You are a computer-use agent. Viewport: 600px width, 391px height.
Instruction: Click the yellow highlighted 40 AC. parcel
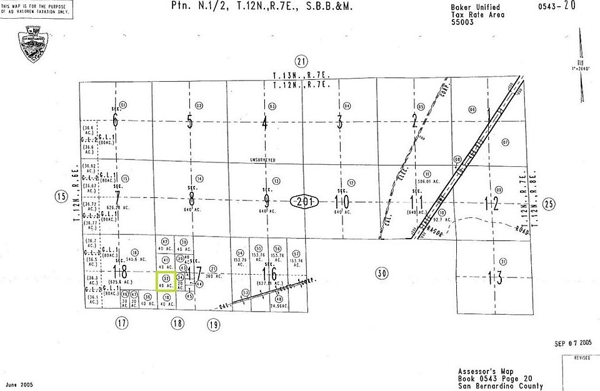point(166,281)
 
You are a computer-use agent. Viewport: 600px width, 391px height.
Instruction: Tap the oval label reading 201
point(305,202)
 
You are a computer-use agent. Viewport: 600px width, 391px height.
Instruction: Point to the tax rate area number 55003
point(462,21)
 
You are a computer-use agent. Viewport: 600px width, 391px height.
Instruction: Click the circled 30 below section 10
point(382,272)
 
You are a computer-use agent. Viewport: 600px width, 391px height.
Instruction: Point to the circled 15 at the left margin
point(61,197)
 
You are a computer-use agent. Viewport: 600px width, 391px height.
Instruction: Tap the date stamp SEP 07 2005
point(572,343)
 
